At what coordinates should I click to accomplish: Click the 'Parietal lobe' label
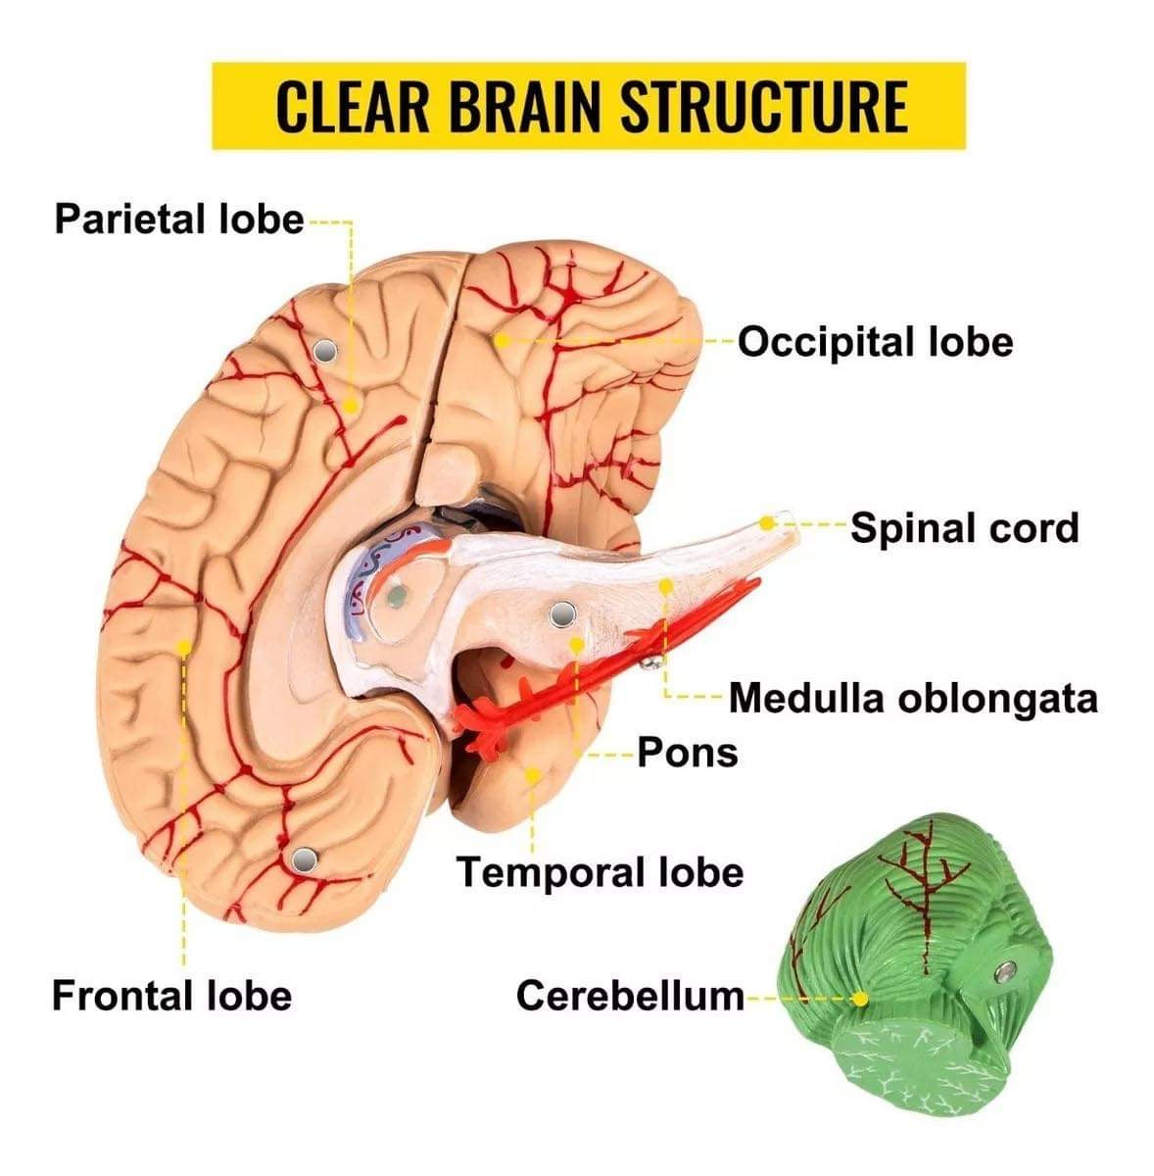179,219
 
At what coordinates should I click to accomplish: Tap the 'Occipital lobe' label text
875,342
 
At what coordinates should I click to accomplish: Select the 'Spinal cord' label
964,528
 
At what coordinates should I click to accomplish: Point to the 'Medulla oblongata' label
913,699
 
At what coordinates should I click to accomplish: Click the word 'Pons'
687,753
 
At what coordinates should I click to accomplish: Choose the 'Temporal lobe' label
601,871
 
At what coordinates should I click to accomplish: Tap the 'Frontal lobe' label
172,996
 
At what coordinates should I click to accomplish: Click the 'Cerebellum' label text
630,996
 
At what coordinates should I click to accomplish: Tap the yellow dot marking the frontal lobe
183,647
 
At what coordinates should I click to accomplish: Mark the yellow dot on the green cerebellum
860,999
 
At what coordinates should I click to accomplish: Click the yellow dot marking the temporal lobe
532,774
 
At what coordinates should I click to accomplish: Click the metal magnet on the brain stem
562,614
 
